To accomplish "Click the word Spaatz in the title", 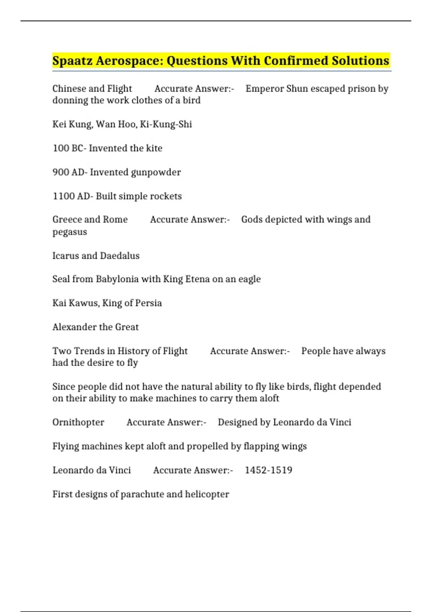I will coord(72,61).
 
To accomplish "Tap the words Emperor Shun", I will coord(276,89).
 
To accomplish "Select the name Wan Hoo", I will coord(116,124).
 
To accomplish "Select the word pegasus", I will coord(70,232).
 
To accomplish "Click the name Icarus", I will coord(65,256).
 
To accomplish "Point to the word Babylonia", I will coord(117,279).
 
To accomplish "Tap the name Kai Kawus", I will coord(75,303).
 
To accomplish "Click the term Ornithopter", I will coord(78,422).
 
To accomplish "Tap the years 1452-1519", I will coord(268,470).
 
